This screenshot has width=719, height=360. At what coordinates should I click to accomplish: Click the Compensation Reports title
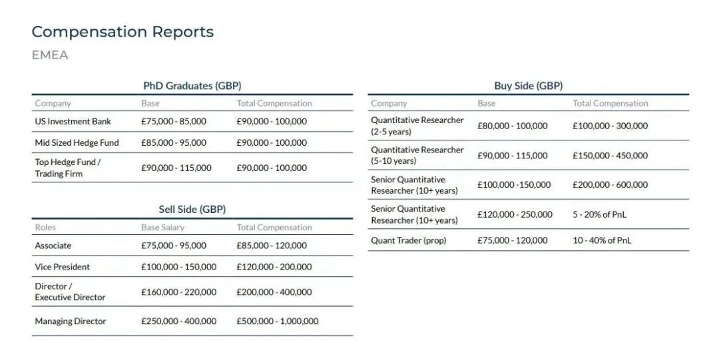click(122, 32)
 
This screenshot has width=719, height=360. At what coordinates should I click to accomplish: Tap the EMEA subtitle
click(50, 55)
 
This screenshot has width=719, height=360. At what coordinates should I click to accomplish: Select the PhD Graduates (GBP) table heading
click(192, 86)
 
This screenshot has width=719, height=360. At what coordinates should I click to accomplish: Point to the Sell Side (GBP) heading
click(192, 210)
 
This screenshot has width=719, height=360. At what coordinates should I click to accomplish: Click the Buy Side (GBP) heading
click(528, 86)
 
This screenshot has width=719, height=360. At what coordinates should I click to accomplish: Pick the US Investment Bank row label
click(73, 122)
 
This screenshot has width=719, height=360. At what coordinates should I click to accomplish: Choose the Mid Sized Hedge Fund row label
click(77, 143)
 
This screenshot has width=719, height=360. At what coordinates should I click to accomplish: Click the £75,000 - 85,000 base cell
click(174, 122)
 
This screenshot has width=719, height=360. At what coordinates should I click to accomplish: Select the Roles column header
click(45, 228)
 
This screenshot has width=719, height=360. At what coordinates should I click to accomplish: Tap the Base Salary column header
click(160, 228)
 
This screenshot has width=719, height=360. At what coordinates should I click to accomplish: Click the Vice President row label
click(63, 267)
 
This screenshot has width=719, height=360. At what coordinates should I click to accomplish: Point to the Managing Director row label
click(71, 321)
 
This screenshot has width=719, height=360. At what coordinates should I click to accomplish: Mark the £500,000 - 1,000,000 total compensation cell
click(278, 321)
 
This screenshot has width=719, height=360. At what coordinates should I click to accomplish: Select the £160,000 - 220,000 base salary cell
click(178, 292)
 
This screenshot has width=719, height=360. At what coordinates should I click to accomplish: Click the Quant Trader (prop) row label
click(409, 241)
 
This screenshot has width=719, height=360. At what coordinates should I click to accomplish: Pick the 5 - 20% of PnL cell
click(599, 215)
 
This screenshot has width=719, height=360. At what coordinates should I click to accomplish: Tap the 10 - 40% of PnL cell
click(602, 241)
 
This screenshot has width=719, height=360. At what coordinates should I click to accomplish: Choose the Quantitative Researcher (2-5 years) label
click(417, 126)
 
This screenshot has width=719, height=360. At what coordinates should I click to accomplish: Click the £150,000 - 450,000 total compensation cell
click(610, 156)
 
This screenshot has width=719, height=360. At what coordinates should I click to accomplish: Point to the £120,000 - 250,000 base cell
click(515, 215)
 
